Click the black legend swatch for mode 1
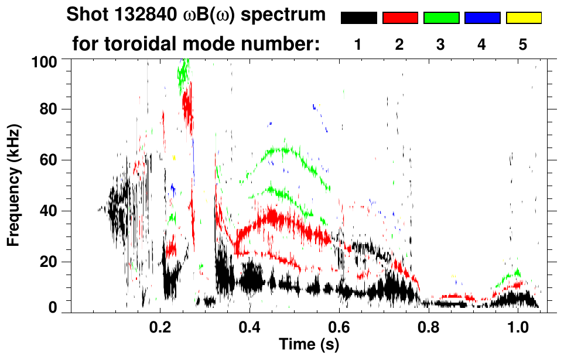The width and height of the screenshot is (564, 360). [x=358, y=18]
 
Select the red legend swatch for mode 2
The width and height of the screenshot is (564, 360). [x=400, y=18]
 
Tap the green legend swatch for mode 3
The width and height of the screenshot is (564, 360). [x=441, y=18]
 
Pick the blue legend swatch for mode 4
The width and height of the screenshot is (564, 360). [x=482, y=18]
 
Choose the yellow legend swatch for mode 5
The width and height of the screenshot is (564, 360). [x=524, y=18]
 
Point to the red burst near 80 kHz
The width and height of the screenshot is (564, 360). [x=187, y=107]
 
